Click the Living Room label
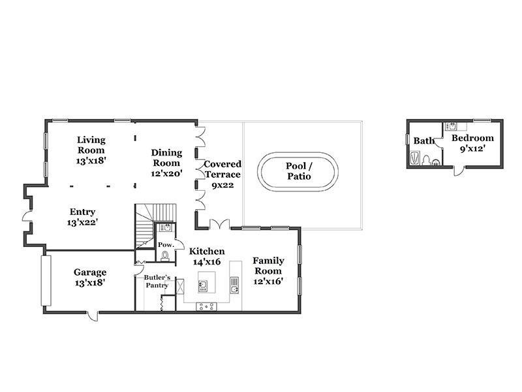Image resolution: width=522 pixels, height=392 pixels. [91, 145]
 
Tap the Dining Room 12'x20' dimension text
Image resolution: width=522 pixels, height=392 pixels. [166, 173]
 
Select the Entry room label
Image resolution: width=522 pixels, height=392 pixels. [83, 212]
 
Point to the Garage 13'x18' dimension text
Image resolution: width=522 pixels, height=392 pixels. [90, 283]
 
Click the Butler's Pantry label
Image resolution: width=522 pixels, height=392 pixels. [157, 282]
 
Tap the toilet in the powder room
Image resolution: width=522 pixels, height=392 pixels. [165, 256]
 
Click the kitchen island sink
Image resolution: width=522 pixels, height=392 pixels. [203, 286]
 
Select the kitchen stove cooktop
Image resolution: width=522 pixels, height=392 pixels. [206, 306]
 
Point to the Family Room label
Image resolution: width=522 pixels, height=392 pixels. [268, 266]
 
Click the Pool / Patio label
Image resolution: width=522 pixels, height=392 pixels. [299, 171]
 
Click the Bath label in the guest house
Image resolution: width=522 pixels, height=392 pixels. [423, 140]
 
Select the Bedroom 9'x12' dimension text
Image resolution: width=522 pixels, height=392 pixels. [472, 148]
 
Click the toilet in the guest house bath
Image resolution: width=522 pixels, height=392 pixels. [426, 159]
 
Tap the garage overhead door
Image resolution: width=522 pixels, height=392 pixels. [46, 281]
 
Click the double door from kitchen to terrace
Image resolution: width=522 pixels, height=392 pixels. [219, 224]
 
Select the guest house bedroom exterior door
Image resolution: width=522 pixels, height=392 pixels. [459, 171]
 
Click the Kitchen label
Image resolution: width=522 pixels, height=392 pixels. [207, 252]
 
